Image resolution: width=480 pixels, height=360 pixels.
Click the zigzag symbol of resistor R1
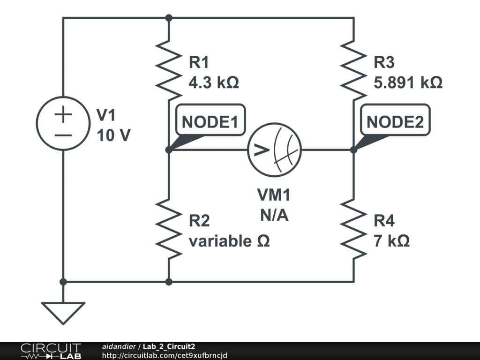(169, 70)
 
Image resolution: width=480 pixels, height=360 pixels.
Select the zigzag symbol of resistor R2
(169, 229)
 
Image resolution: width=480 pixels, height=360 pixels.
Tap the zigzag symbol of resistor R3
(353, 70)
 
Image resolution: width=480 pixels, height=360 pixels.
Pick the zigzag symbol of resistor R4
(353, 229)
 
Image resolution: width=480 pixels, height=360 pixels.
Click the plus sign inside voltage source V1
(63, 114)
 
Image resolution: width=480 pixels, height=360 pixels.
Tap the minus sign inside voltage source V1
(63, 135)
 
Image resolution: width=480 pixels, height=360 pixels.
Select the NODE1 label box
(210, 120)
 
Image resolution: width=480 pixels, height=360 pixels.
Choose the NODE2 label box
(395, 120)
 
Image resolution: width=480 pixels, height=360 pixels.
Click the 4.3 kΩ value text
(214, 82)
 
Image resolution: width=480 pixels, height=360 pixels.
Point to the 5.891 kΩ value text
(408, 82)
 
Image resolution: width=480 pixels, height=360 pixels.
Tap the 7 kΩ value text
(391, 241)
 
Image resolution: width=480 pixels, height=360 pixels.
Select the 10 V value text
(113, 135)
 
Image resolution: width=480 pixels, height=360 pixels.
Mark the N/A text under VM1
(274, 215)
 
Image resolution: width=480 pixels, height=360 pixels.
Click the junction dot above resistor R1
(169, 18)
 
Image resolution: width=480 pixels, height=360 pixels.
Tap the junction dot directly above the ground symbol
(63, 282)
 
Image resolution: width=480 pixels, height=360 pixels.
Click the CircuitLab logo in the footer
(51, 351)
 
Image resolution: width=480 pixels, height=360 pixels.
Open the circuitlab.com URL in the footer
(165, 355)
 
